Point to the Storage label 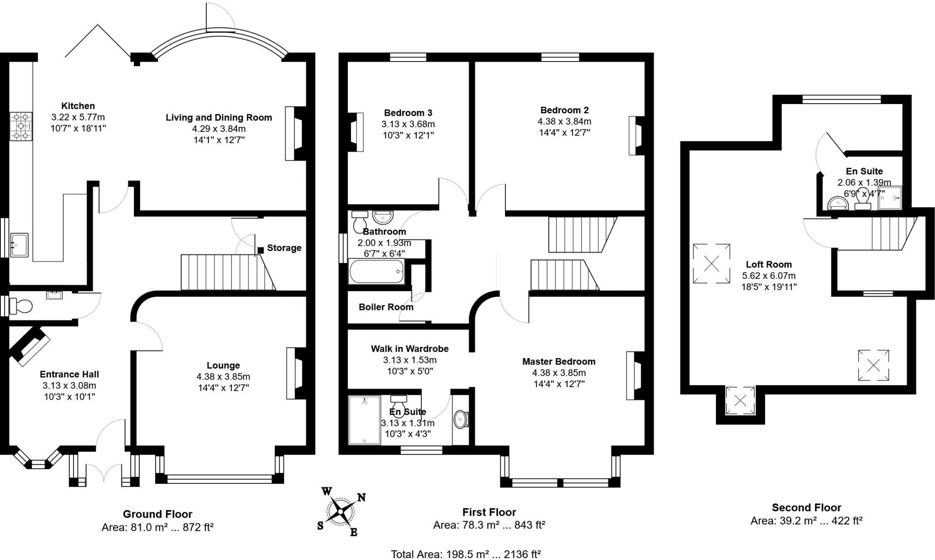tap(284, 248)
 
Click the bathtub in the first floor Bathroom tap(377, 271)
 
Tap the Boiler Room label tap(386, 307)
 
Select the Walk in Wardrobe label tap(410, 349)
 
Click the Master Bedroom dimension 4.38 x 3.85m tap(559, 373)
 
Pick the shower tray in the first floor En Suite tap(364, 420)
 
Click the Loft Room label tap(769, 264)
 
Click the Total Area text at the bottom tap(466, 554)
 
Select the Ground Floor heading tap(158, 514)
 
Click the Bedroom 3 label tap(408, 113)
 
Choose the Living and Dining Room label tap(219, 117)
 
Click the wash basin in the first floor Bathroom tap(382, 216)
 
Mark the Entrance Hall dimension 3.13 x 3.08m tap(69, 386)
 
